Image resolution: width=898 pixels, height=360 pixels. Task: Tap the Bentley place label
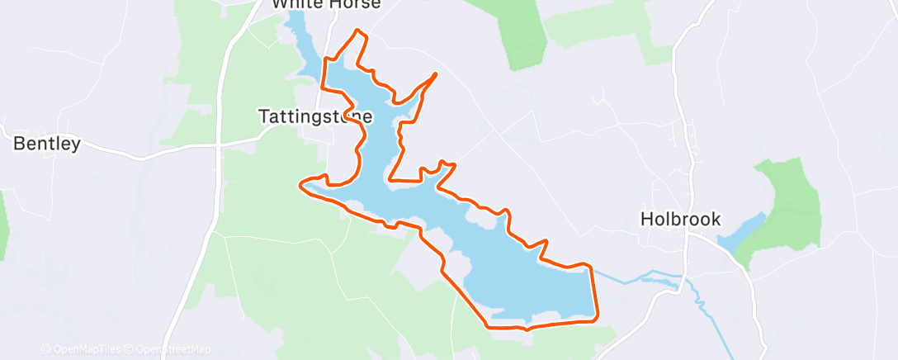coord(47,144)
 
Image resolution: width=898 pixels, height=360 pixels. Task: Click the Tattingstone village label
coord(315,117)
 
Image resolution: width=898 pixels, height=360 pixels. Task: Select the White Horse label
coord(327,4)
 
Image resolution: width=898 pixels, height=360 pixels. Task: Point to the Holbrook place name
coord(681,220)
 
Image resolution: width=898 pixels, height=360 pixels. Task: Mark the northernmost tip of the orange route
coord(357,31)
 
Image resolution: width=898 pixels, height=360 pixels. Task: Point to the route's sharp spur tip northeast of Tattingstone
coord(435,74)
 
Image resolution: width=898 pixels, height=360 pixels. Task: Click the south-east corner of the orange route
coord(596,318)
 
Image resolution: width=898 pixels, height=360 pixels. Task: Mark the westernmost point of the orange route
coord(300,183)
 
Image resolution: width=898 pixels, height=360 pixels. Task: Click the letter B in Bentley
coord(18,144)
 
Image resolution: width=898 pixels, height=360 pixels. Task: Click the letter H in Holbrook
coord(647,220)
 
